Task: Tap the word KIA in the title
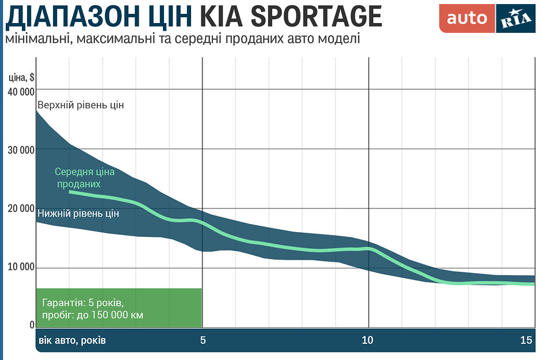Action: point(219,17)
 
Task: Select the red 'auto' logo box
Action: point(467,18)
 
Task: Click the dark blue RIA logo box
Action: point(516,18)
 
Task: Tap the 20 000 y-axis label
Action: point(20,209)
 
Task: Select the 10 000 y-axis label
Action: point(20,268)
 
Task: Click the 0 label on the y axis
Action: point(32,326)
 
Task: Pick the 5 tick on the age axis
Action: point(203,340)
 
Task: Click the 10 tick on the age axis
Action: point(368,340)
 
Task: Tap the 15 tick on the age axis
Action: point(526,340)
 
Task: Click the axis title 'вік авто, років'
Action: point(73,340)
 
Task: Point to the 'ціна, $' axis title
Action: point(22,78)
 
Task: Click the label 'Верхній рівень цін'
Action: point(81,105)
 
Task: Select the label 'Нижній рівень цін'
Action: point(78,214)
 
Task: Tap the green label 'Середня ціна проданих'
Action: point(84,178)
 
